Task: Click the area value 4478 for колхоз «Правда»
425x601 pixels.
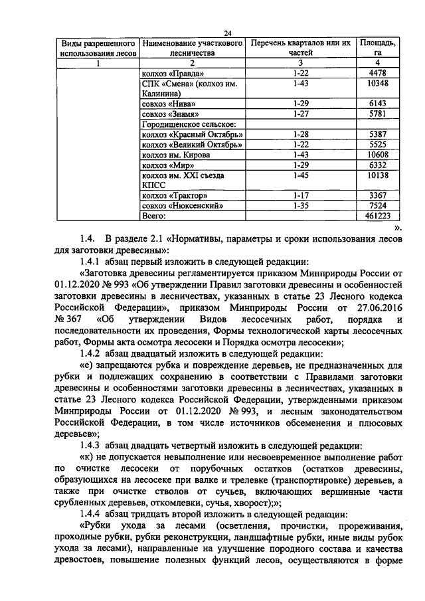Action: click(378, 74)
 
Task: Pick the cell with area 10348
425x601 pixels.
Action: click(378, 84)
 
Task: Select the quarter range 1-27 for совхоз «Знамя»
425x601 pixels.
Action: click(301, 114)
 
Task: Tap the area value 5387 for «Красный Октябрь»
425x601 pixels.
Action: click(378, 134)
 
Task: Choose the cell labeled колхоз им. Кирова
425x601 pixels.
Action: click(177, 155)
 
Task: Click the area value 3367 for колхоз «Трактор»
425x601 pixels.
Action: click(378, 196)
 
